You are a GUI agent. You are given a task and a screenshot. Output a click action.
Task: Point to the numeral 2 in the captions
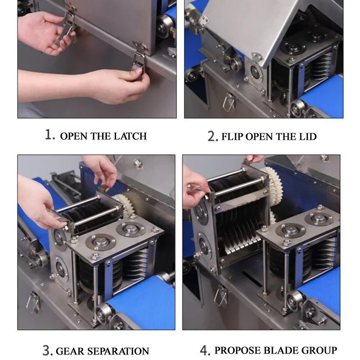212,136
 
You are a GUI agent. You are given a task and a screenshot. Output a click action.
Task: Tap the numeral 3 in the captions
47,351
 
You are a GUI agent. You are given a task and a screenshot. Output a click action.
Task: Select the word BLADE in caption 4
281,351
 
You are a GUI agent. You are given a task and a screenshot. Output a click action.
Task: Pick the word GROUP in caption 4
319,351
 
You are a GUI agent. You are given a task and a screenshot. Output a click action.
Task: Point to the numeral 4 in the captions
205,350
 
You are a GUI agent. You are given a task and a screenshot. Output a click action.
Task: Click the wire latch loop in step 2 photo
229,102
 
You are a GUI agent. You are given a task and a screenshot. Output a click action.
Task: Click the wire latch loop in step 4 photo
220,296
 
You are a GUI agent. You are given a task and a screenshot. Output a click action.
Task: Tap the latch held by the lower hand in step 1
138,65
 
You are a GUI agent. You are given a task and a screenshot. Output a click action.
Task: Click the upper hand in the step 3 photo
102,171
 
